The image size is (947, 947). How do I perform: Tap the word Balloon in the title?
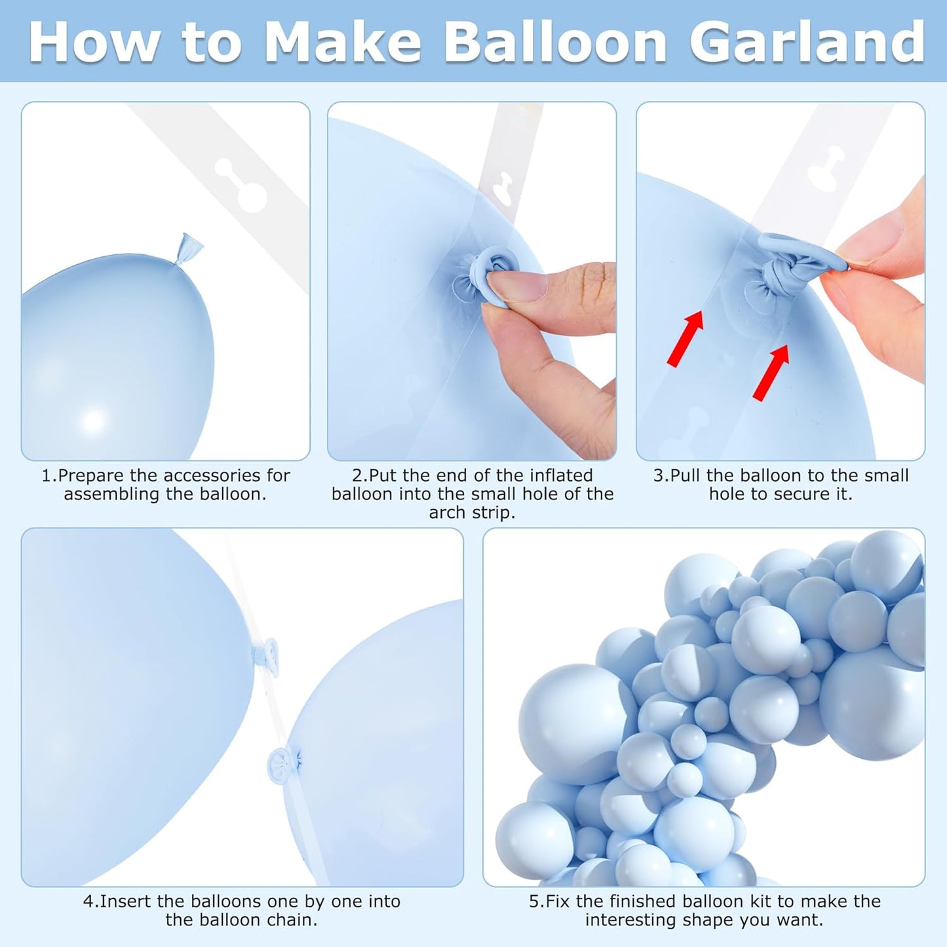pos(556,42)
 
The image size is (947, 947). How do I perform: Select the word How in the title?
pos(94,42)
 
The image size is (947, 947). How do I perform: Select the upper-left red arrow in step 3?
pos(686,339)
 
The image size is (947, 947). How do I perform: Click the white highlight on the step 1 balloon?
pos(92,420)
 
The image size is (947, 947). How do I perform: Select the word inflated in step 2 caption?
pos(560,475)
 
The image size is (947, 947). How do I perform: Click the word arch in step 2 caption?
pos(448,512)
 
